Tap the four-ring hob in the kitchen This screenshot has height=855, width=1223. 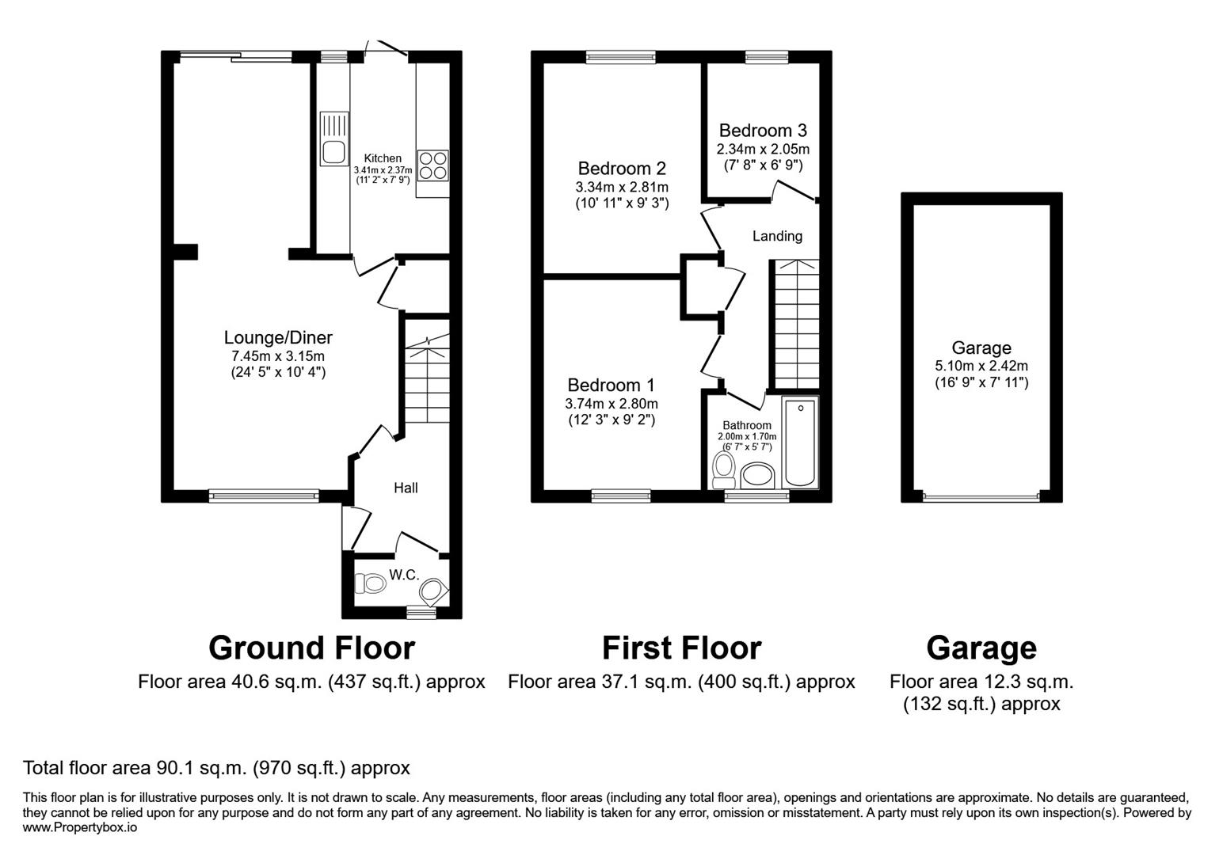[432, 165]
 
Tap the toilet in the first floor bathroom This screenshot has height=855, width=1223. [722, 469]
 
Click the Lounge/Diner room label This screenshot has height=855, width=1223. [278, 338]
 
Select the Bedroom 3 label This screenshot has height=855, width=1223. [763, 131]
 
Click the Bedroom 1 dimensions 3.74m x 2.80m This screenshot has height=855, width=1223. [611, 403]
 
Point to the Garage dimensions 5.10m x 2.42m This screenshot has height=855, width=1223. [981, 366]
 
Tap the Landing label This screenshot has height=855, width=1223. [777, 236]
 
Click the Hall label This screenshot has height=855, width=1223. [406, 488]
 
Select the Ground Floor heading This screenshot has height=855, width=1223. [311, 648]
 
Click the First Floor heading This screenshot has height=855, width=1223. [681, 648]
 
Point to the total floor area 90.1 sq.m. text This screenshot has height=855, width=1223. [216, 767]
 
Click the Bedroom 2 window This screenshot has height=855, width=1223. [620, 56]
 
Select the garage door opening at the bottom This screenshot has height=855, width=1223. [981, 497]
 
